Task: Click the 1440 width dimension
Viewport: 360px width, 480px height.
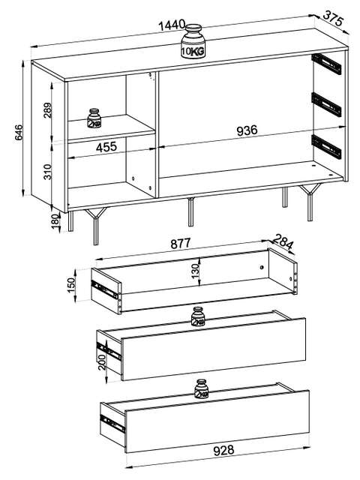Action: point(172,25)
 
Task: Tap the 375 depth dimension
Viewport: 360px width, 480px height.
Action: point(333,18)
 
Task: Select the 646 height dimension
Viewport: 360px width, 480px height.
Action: point(19,132)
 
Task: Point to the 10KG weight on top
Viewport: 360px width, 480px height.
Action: point(193,41)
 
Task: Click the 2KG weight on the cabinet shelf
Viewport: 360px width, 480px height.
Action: point(94,118)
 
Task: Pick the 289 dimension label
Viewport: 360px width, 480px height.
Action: point(48,110)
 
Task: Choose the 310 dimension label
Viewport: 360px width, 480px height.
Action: point(48,172)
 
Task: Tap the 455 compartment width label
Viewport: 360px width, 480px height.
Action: point(106,147)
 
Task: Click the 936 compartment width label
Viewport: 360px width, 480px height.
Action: point(247,130)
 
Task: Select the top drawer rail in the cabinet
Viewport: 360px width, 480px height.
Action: point(326,64)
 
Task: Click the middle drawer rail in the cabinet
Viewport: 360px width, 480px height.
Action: point(326,104)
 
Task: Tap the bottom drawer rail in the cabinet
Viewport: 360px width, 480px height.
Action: point(326,147)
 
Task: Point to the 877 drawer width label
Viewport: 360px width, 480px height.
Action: point(181,244)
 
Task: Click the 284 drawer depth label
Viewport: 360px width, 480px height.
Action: point(283,241)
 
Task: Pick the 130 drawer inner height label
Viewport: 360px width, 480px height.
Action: point(195,271)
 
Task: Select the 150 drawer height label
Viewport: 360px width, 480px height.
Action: point(71,285)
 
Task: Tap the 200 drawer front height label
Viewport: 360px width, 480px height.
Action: point(102,362)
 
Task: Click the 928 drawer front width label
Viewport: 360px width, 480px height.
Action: point(223,450)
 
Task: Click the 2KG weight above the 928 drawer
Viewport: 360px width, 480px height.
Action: point(202,389)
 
